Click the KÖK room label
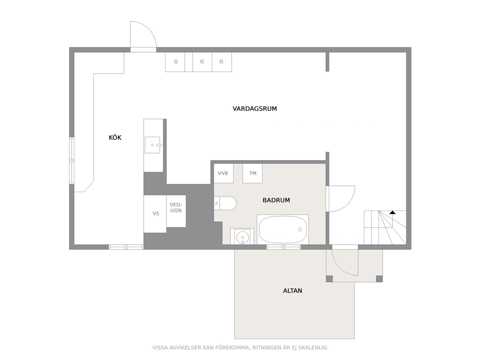[115, 137]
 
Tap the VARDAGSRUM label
[255, 109]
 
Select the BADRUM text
[276, 200]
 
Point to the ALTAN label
[292, 291]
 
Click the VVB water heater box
[224, 173]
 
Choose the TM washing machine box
[253, 173]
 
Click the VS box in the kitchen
[155, 214]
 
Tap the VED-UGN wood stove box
[176, 211]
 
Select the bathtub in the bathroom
[283, 229]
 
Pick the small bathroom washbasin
[242, 237]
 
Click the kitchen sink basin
[152, 145]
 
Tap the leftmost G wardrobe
[176, 62]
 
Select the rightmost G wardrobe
[222, 62]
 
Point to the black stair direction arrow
[392, 212]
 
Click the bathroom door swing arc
[349, 203]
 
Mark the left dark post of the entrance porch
[330, 279]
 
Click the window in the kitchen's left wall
[72, 161]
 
